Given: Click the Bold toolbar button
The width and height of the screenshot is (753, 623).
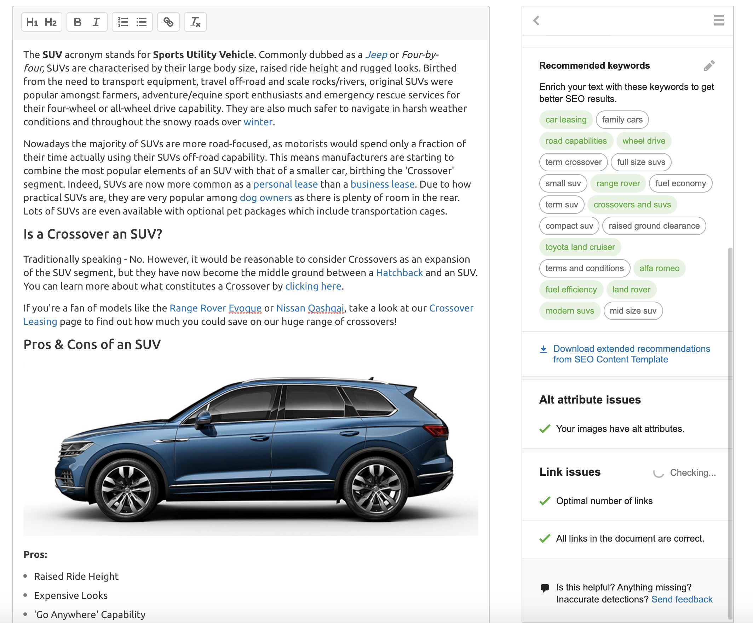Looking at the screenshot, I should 77,22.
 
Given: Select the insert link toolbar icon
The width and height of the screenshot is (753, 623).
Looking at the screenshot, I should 168,22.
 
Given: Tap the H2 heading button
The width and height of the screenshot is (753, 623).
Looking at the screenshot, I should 51,22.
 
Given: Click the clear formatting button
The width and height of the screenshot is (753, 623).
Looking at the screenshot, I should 195,22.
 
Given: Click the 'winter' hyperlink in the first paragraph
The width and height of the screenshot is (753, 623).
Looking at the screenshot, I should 258,122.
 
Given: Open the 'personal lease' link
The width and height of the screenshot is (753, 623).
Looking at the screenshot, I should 286,184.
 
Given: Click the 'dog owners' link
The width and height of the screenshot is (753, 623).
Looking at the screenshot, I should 266,198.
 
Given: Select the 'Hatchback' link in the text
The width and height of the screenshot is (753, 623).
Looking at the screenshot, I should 400,273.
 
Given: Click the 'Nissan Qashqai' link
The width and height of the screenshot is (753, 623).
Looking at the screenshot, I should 310,308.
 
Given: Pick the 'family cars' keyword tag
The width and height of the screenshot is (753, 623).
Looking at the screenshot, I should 622,120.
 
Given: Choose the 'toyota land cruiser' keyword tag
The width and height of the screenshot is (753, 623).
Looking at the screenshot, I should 580,247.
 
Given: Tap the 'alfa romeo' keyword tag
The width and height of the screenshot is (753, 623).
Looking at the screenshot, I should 659,268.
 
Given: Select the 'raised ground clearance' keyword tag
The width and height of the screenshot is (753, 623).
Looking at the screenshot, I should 654,226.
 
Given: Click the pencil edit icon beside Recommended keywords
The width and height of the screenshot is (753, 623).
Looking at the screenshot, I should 709,65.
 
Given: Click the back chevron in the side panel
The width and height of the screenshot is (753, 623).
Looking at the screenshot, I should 536,21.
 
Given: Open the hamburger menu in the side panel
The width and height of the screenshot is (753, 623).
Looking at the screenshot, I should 719,21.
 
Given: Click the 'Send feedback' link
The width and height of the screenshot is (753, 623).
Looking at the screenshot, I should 682,599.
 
